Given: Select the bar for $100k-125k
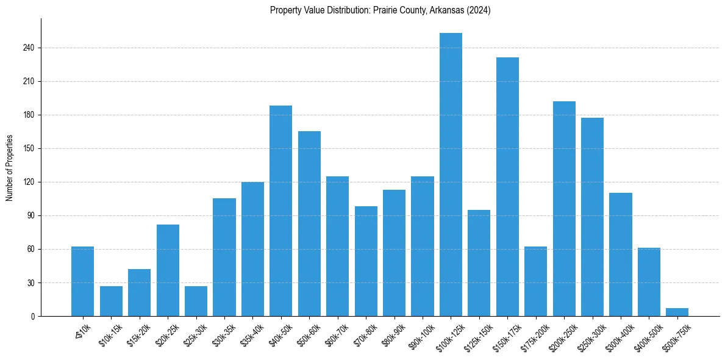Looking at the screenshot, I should click(x=451, y=175).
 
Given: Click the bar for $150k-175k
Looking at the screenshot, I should click(x=507, y=187).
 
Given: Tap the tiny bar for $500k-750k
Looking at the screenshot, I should click(x=677, y=312).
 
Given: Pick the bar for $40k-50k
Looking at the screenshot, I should click(x=280, y=211).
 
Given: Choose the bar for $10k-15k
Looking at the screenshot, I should click(x=111, y=301).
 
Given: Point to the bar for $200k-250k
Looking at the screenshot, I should click(x=564, y=209).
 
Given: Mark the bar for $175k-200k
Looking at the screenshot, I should click(x=535, y=281).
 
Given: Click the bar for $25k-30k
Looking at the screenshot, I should click(x=196, y=301).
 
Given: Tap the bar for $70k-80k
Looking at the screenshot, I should click(x=366, y=261).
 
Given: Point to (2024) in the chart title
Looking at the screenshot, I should click(x=480, y=10).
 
